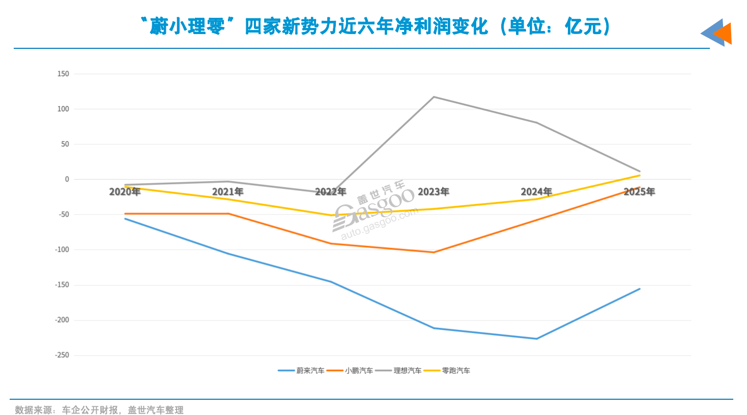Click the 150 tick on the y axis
63,74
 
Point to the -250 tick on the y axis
62,355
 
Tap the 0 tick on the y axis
67,179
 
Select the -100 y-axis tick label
62,249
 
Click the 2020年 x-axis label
125,192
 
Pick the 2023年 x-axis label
434,192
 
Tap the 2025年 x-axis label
639,192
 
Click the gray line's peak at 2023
434,97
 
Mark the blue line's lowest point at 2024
536,339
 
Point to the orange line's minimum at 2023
434,252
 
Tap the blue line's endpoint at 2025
640,289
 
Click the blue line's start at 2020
125,219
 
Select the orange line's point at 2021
228,214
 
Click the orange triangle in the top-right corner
724,34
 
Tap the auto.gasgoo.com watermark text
379,224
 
